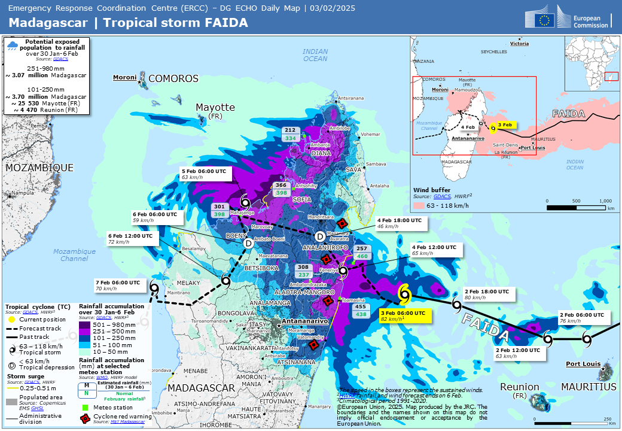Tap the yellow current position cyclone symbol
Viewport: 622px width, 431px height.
(x=405, y=293)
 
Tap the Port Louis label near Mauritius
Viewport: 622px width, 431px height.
(x=583, y=363)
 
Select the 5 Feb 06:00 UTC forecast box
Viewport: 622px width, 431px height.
(x=205, y=174)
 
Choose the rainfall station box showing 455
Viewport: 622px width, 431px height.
(x=361, y=309)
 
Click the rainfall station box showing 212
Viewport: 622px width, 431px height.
(x=290, y=134)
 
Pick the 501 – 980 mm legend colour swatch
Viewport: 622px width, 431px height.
(x=87, y=325)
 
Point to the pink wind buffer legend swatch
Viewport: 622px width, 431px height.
(x=420, y=205)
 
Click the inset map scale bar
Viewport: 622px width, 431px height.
(x=577, y=207)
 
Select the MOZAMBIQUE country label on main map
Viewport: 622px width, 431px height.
(x=39, y=168)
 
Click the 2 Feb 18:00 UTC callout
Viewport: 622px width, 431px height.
(x=487, y=294)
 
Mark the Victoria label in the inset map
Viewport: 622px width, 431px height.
(x=519, y=44)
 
